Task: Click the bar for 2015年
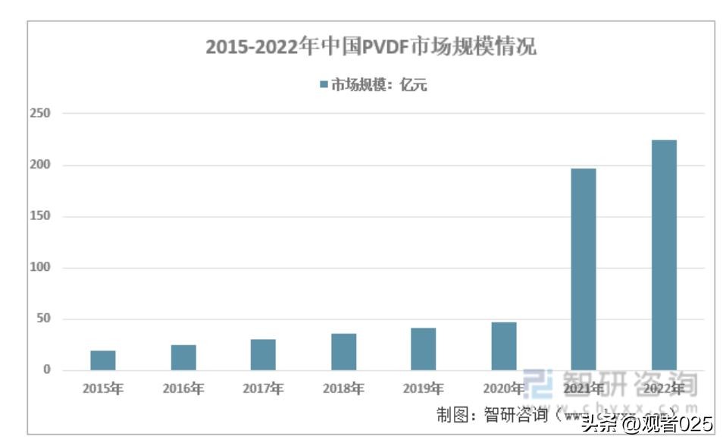[x=103, y=360]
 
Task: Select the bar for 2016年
[x=183, y=357]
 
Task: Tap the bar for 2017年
[x=263, y=355]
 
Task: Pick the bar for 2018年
[x=343, y=352]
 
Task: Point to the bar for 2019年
[x=424, y=349]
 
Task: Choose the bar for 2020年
[x=504, y=347]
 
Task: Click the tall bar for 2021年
[x=584, y=269]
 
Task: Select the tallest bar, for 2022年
[x=664, y=255]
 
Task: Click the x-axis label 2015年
[x=103, y=389]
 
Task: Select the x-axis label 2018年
[x=343, y=389]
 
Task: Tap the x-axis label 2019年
[x=424, y=389]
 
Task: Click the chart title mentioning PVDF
[x=371, y=47]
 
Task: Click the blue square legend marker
[x=324, y=85]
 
